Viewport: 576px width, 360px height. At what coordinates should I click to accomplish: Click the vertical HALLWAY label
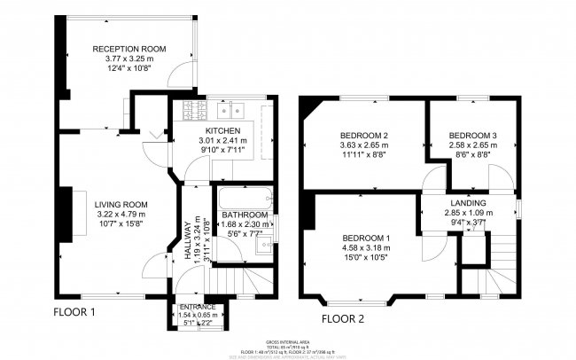coord(187,240)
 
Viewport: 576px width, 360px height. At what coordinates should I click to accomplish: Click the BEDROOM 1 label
coord(363,239)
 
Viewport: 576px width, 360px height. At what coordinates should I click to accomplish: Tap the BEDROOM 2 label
coord(365,135)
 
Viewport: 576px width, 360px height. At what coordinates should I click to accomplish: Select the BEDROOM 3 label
coord(470,135)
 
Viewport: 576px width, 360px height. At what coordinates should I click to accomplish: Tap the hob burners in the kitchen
coord(194,111)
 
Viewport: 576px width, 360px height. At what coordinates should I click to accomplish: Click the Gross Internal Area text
coord(288,341)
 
